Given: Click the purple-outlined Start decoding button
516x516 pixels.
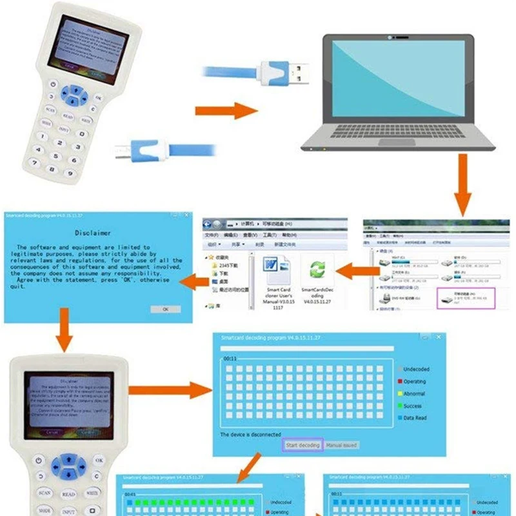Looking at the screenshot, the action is pos(303,445).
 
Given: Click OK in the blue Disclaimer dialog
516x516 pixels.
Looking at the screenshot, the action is pos(165,309).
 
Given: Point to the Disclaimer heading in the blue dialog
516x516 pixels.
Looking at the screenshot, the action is pos(92,233).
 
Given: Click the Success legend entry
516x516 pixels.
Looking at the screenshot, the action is pos(412,406).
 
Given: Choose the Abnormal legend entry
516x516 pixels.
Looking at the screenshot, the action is pos(413,393).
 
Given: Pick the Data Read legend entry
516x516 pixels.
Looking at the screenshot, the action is pos(413,418).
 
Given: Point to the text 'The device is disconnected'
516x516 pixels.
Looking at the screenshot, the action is pos(250,435).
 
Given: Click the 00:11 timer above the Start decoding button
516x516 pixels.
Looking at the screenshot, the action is pos(230,357).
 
